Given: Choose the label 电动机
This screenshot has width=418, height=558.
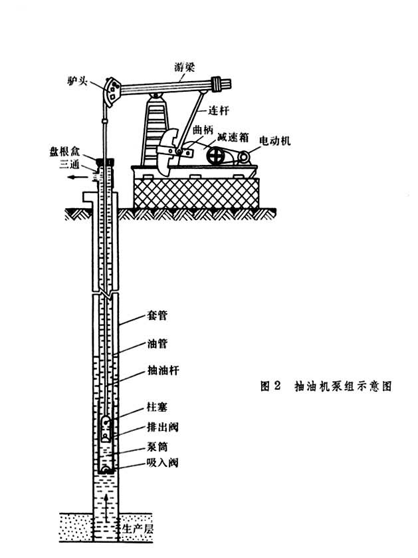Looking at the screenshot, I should pyautogui.click(x=275, y=141).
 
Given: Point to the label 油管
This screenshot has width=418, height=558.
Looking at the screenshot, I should pyautogui.click(x=156, y=345).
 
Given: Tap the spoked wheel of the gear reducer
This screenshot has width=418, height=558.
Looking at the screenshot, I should pyautogui.click(x=216, y=158).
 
